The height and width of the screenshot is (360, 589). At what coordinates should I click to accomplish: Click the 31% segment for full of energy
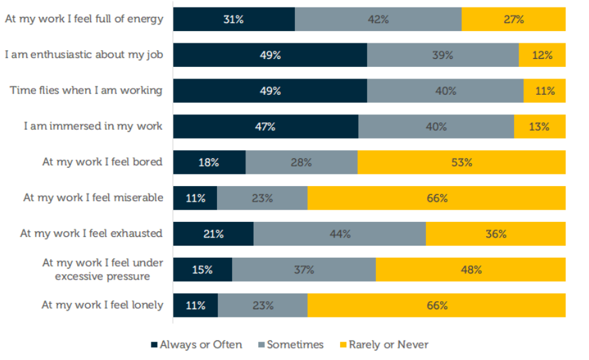click(x=233, y=20)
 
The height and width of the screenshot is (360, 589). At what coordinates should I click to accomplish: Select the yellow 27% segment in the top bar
click(x=513, y=20)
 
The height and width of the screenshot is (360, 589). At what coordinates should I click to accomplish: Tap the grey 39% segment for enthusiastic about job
click(x=442, y=55)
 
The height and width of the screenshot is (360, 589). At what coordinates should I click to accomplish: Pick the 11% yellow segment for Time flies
click(x=544, y=91)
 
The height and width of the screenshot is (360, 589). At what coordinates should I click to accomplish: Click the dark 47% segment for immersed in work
click(x=266, y=127)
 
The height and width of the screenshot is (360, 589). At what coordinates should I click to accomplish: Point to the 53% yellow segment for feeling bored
click(x=461, y=162)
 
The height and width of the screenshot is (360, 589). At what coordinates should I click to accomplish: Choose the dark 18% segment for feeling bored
click(x=209, y=162)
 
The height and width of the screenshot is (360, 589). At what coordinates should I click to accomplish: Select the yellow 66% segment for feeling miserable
click(x=436, y=198)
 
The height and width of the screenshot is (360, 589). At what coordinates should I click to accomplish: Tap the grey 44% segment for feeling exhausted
click(x=339, y=234)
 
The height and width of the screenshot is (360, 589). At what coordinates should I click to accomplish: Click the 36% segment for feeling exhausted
click(x=496, y=234)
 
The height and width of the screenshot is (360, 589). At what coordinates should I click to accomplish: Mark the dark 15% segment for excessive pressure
click(x=202, y=269)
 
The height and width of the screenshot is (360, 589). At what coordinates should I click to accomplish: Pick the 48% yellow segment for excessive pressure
click(x=471, y=269)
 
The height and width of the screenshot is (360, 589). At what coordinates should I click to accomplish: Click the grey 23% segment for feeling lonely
click(x=262, y=305)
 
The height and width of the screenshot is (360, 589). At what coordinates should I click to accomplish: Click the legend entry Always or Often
click(x=196, y=344)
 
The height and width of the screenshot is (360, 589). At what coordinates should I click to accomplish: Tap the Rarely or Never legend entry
click(x=383, y=344)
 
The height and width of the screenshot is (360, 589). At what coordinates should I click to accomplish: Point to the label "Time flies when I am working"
click(x=86, y=91)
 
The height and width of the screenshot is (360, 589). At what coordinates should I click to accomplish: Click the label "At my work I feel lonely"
click(x=102, y=305)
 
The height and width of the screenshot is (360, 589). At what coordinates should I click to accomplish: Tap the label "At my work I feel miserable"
click(x=93, y=198)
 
